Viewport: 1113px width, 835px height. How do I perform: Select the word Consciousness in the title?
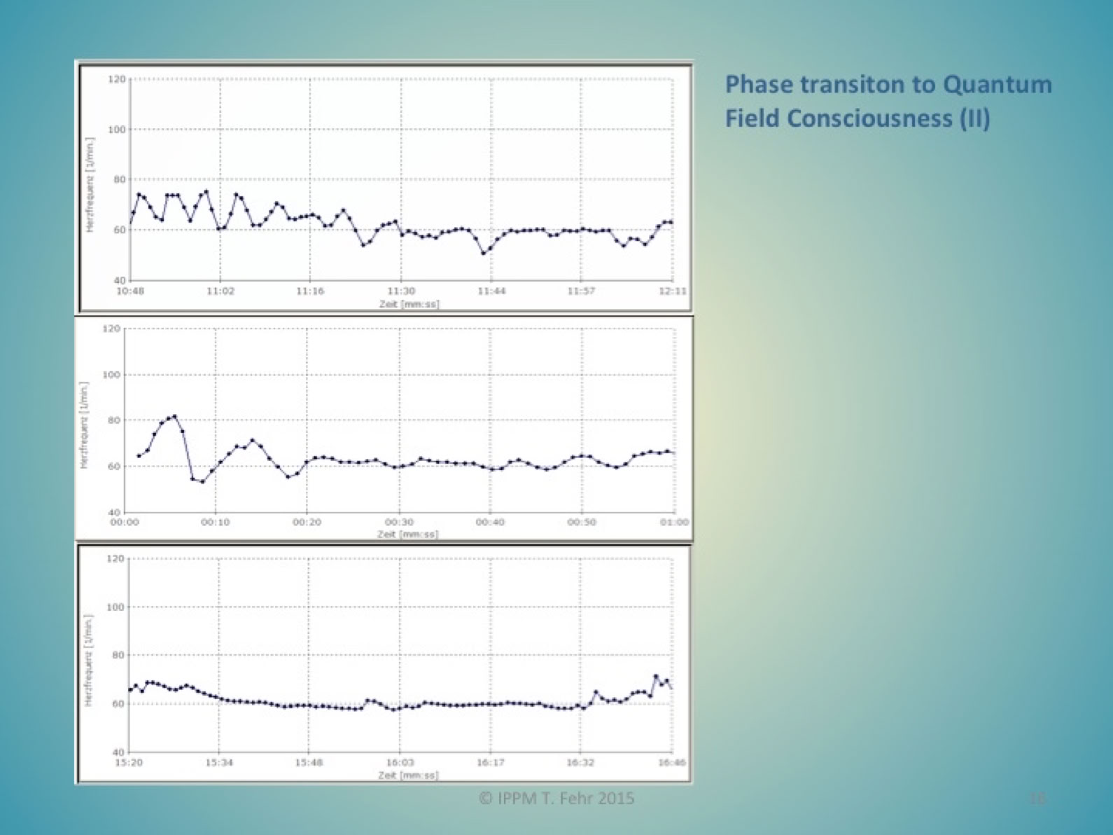tap(869, 118)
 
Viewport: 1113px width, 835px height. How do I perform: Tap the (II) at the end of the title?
tap(974, 118)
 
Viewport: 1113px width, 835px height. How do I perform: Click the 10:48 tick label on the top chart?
tap(129, 291)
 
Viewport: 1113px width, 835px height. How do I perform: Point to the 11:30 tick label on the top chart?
tap(401, 291)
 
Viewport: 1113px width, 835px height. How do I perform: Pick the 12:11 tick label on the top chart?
tap(673, 291)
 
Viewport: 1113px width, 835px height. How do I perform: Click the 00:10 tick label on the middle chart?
tap(215, 522)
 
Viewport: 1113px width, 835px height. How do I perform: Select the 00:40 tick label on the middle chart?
tap(490, 522)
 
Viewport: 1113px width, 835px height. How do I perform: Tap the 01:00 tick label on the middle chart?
tap(674, 522)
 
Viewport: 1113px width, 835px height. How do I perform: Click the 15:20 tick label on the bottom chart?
tap(129, 762)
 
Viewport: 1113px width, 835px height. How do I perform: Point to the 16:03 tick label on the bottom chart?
tap(400, 762)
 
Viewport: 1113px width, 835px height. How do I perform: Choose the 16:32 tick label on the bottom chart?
tap(580, 762)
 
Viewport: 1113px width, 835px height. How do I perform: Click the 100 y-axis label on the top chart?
tap(116, 130)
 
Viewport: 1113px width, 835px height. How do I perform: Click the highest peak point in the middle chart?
tap(175, 416)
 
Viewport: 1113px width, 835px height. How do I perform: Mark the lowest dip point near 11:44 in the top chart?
tap(484, 253)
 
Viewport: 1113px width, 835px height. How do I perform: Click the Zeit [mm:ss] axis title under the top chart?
tap(409, 304)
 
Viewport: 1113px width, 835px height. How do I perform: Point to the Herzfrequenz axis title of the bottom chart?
tap(89, 660)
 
